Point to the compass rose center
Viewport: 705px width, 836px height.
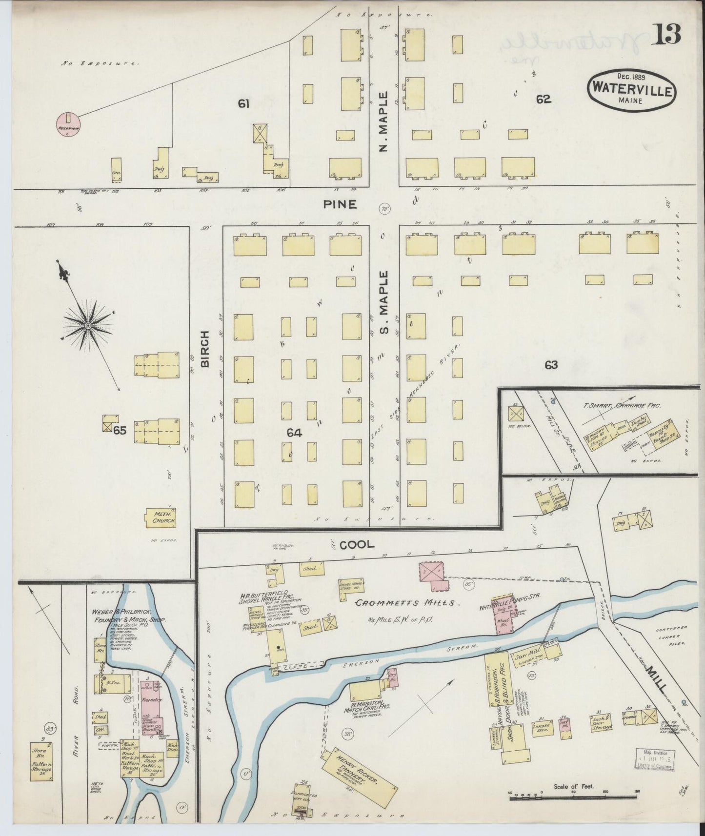tap(88, 325)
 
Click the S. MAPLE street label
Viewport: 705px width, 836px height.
tap(385, 303)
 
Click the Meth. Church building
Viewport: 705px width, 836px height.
tap(161, 518)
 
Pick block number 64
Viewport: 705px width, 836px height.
tap(295, 432)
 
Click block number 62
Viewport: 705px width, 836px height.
tap(544, 99)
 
